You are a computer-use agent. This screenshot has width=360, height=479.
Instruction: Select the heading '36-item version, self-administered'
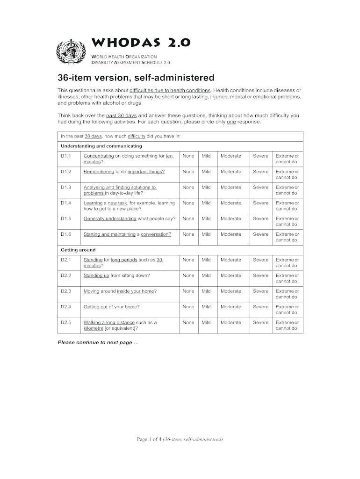pos(136,77)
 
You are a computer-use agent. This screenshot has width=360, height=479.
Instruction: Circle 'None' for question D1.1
pos(188,156)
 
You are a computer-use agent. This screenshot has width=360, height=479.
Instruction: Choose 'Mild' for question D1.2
pos(206,172)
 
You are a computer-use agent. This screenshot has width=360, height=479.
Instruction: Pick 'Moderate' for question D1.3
pos(231,187)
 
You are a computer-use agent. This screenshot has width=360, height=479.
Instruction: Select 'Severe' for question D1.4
pos(261,203)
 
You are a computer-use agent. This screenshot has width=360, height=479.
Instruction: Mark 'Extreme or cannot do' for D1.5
pos(287,221)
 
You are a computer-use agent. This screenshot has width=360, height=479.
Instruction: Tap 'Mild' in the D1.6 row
pos(206,234)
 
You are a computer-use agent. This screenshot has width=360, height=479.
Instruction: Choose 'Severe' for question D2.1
pos(261,260)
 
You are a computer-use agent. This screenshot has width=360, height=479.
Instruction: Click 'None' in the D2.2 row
pos(188,276)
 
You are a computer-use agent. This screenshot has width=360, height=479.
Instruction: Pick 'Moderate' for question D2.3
pos(231,291)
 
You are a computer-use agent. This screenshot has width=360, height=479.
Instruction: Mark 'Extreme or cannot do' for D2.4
pos(287,310)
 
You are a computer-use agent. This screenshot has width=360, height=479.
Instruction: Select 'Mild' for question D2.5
pos(206,322)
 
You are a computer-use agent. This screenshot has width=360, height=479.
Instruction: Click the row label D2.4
pos(66,307)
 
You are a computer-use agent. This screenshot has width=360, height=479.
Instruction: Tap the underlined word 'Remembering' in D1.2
pos(99,172)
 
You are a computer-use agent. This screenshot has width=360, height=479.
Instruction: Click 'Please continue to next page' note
pos(98,342)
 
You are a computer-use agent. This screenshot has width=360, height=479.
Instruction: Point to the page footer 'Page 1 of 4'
pos(180,439)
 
